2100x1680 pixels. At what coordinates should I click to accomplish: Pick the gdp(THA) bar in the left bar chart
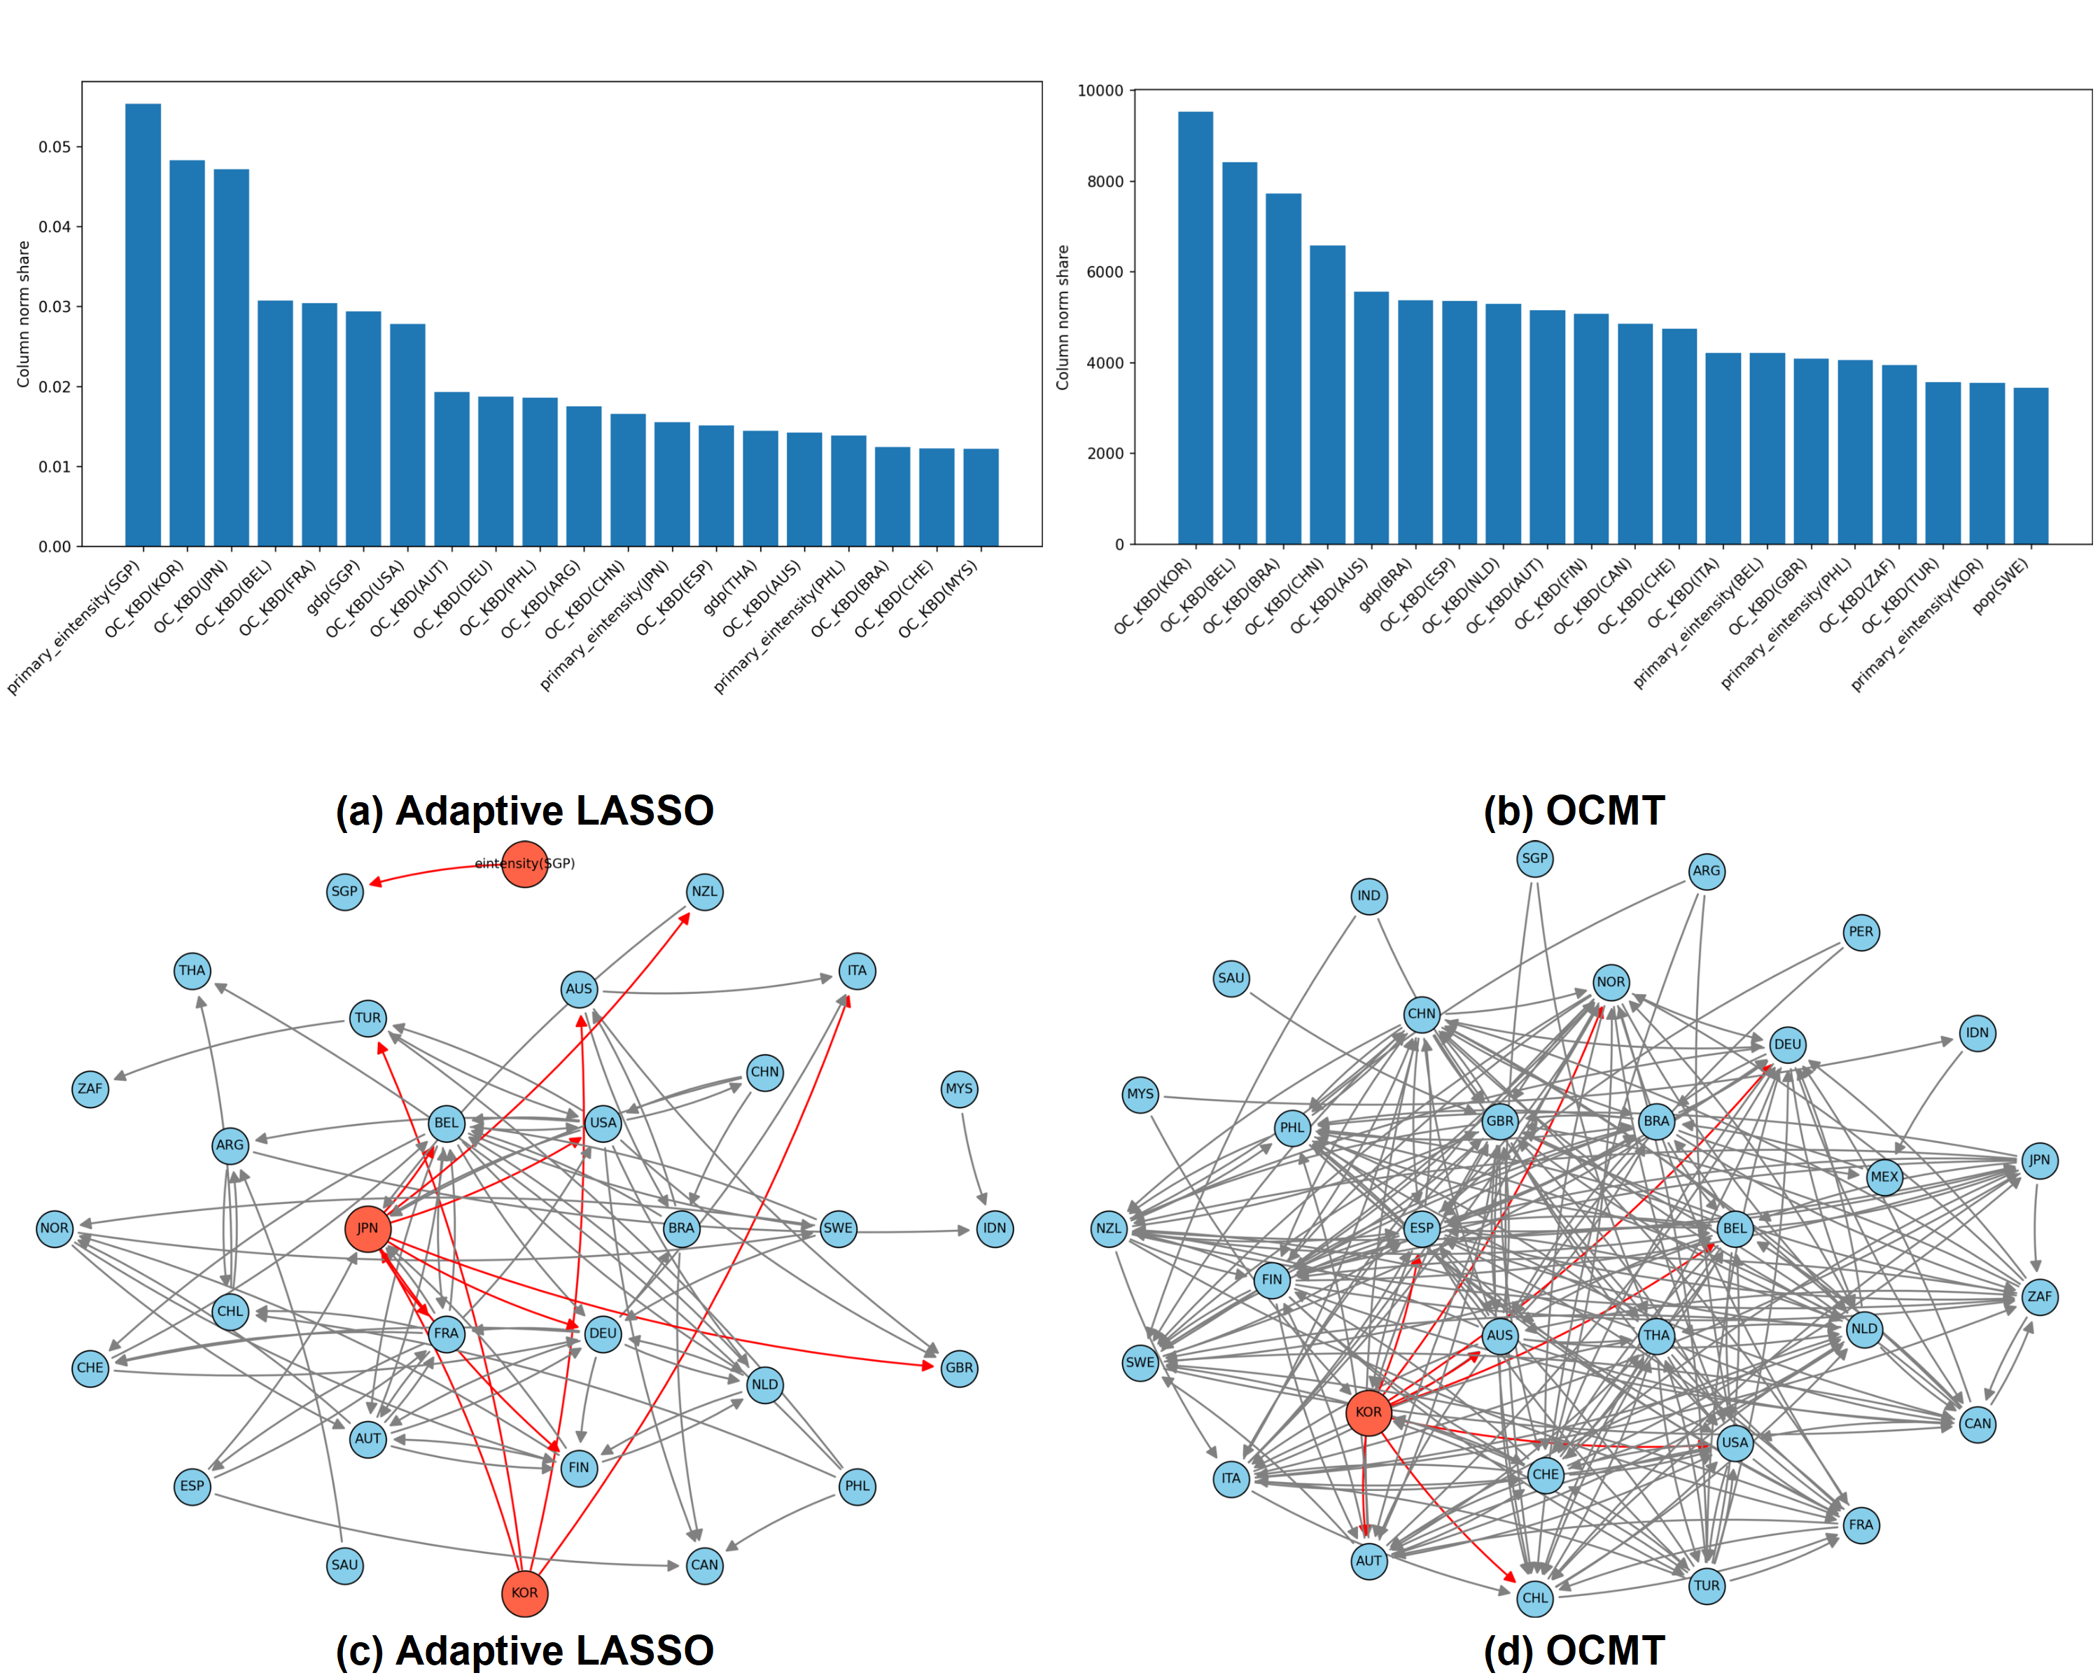pos(759,488)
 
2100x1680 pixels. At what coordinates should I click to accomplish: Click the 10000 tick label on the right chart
pos(1100,90)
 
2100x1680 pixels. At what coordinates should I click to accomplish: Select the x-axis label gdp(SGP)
pos(334,587)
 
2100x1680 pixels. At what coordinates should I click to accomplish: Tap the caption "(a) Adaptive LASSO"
pos(524,811)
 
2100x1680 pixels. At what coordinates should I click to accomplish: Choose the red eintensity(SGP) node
pos(524,864)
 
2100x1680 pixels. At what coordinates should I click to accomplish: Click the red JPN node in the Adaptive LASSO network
pos(367,1228)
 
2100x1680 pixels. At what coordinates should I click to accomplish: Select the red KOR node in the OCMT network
pos(1368,1412)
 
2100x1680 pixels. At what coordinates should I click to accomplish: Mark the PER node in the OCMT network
pos(1861,932)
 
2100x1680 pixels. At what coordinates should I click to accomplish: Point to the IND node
pos(1368,896)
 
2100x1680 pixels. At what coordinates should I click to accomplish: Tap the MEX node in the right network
pos(1884,1177)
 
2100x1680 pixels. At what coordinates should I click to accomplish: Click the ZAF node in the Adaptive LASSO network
pos(90,1088)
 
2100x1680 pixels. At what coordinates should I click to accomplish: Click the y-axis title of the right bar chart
pos(1063,318)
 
